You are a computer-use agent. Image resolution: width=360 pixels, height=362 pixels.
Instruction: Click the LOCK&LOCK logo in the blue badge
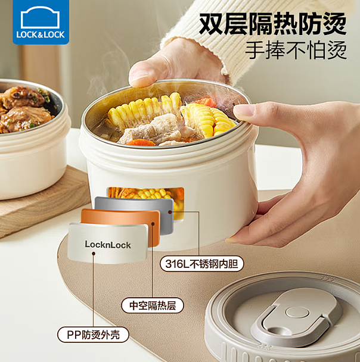click(41, 22)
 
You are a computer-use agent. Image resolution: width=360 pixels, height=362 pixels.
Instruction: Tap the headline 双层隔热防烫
click(272, 24)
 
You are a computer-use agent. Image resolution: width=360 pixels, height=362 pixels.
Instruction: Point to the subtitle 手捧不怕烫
click(296, 50)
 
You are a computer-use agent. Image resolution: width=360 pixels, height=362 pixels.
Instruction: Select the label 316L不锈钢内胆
click(201, 264)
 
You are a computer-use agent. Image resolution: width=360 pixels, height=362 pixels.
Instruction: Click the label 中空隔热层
click(153, 305)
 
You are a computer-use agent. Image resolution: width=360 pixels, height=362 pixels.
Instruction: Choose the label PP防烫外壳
click(93, 335)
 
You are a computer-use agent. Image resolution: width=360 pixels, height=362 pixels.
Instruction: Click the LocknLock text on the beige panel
click(108, 245)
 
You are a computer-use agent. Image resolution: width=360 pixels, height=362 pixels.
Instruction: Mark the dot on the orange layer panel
click(153, 223)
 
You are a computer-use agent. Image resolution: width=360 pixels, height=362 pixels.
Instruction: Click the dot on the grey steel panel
click(170, 212)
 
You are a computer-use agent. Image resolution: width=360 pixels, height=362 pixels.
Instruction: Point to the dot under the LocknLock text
click(94, 254)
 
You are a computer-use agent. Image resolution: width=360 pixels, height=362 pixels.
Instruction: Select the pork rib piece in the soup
click(150, 130)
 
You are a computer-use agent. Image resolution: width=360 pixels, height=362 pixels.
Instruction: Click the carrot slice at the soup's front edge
click(141, 142)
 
